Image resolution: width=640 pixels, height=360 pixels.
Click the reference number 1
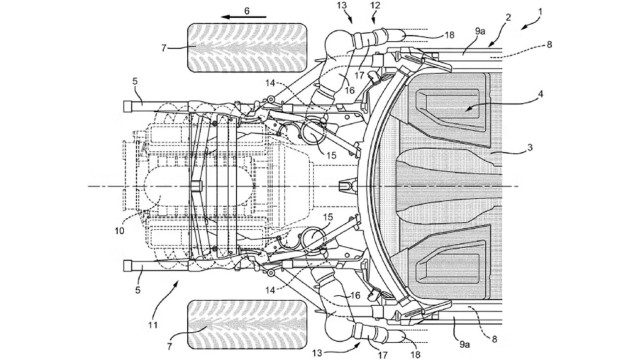tap(540, 12)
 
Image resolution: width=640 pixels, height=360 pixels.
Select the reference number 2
tap(508, 18)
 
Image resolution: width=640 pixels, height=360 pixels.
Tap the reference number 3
tap(530, 147)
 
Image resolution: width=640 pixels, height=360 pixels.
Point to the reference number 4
tap(540, 94)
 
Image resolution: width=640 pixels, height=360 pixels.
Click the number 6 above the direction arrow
tap(247, 11)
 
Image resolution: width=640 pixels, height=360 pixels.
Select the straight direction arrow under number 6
tap(244, 17)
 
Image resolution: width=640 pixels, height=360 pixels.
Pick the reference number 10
tap(119, 231)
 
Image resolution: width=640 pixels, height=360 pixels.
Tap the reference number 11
tap(153, 325)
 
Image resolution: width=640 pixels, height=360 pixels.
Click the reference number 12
tap(375, 6)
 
